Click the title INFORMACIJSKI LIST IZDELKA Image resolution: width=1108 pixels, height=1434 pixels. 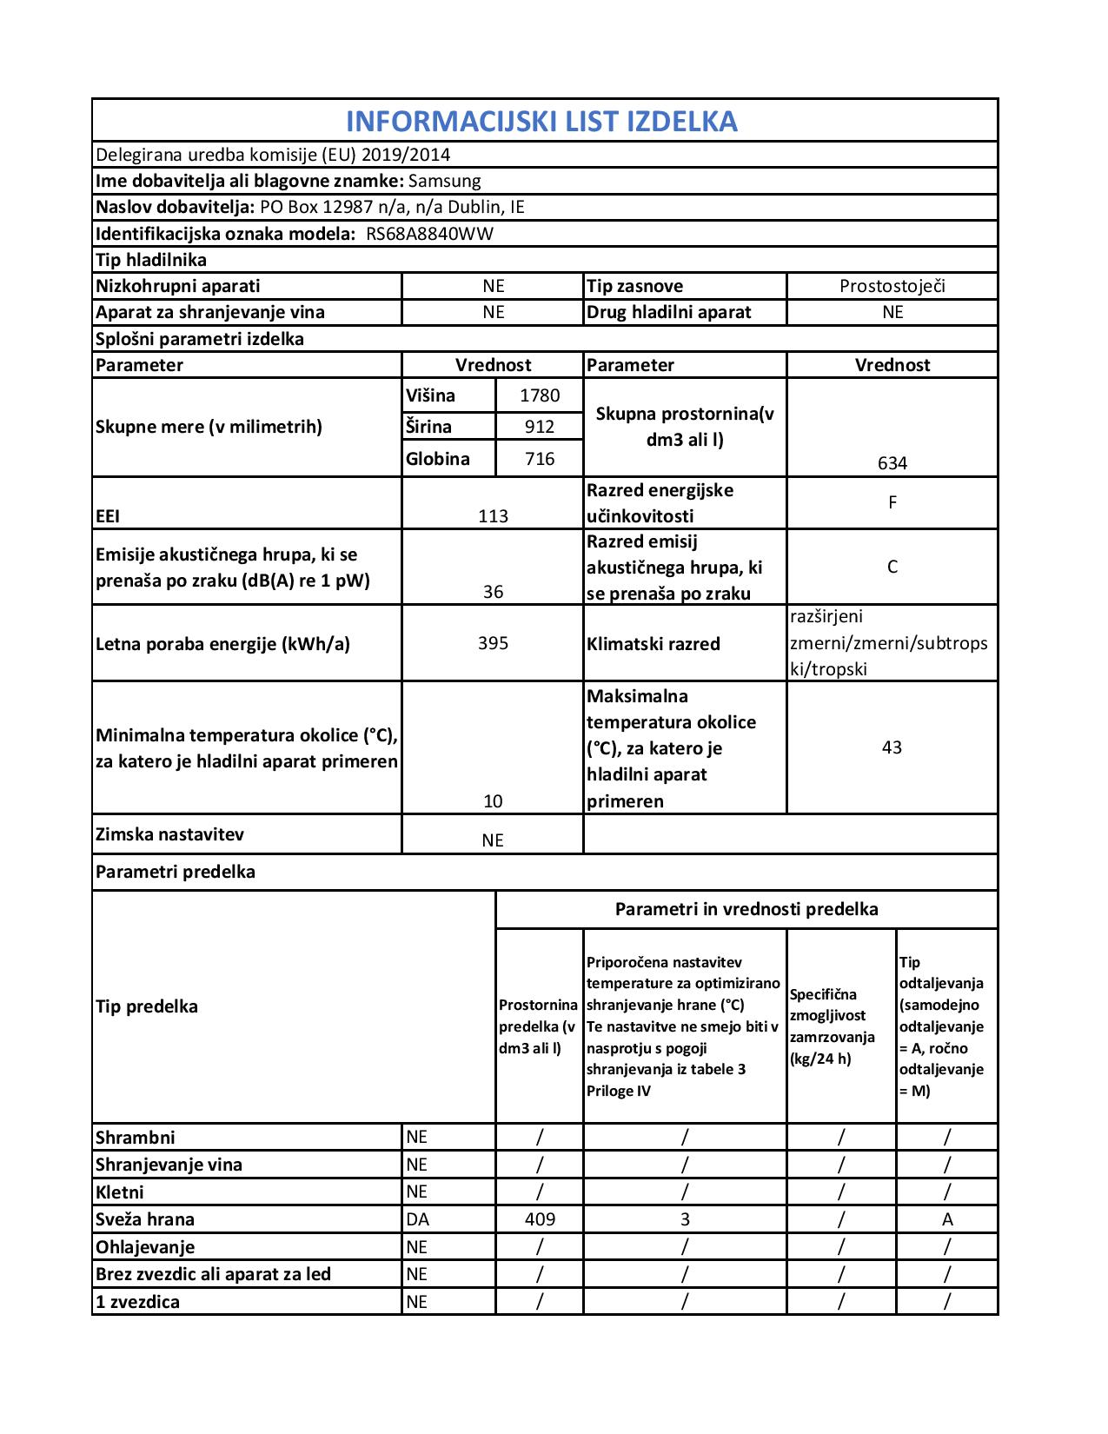[x=541, y=121]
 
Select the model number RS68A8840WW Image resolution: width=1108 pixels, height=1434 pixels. [x=429, y=234]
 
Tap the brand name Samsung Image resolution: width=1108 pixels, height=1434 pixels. [x=444, y=181]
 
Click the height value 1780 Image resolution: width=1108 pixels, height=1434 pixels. [x=540, y=396]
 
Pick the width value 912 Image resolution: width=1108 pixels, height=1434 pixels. [x=540, y=427]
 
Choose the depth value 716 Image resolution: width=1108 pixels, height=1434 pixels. [x=540, y=459]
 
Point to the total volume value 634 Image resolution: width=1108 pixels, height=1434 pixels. [x=892, y=463]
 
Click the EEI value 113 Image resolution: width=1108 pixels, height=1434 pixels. [x=493, y=516]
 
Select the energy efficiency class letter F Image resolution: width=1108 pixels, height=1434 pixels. [x=892, y=502]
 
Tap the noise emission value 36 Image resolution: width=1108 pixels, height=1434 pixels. [x=493, y=592]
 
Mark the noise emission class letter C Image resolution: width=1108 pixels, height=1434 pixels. [x=892, y=568]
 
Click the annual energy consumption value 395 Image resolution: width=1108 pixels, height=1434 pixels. [x=493, y=644]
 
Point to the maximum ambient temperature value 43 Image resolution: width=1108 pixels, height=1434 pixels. [x=892, y=747]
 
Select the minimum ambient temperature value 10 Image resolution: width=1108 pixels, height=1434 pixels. [x=493, y=801]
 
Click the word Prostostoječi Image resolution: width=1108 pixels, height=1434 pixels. [x=892, y=286]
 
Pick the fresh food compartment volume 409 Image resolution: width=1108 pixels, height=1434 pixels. [x=540, y=1219]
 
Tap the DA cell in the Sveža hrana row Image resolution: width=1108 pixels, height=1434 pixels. [x=418, y=1219]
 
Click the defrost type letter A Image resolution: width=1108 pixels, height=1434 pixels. [x=947, y=1219]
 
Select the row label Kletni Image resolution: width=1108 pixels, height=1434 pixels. [x=120, y=1192]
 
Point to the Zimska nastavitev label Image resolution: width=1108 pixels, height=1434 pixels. [x=169, y=834]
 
